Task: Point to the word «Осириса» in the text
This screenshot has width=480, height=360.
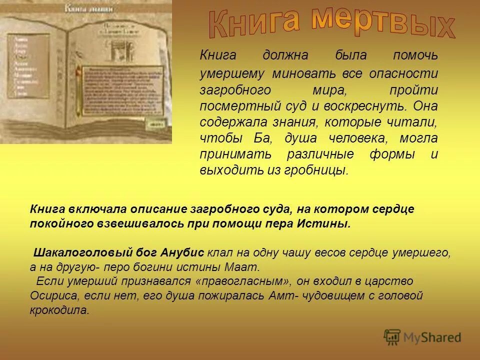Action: pyautogui.click(x=50, y=296)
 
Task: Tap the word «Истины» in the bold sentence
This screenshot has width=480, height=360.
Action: pyautogui.click(x=330, y=224)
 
